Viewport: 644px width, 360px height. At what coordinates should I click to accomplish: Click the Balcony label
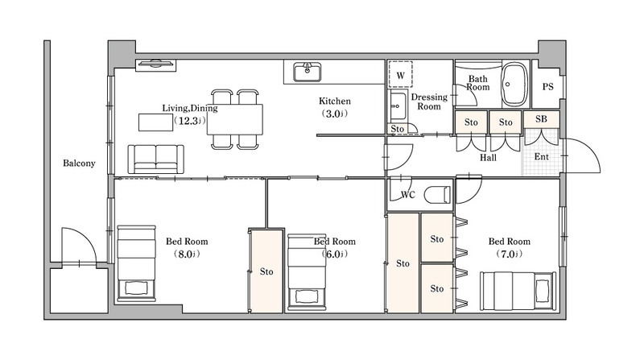click(79, 163)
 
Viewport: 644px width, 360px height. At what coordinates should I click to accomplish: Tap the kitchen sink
click(307, 72)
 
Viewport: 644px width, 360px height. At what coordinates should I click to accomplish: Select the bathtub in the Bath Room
click(515, 85)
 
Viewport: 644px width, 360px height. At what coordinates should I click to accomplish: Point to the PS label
click(547, 87)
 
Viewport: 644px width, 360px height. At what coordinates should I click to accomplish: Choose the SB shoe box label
click(541, 118)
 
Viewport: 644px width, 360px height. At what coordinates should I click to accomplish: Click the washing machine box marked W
click(400, 74)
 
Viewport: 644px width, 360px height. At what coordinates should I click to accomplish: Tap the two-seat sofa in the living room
click(155, 159)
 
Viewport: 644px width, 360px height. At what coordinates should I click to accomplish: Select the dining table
click(234, 119)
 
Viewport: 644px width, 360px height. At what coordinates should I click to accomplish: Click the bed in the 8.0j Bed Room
click(136, 263)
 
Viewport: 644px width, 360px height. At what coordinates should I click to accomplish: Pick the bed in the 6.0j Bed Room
click(307, 272)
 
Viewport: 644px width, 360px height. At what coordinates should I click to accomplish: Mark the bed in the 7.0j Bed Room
click(518, 291)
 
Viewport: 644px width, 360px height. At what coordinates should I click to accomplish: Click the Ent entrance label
click(541, 156)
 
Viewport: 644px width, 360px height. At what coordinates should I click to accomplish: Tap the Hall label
click(488, 157)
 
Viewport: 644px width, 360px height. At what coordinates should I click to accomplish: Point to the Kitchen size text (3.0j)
click(334, 114)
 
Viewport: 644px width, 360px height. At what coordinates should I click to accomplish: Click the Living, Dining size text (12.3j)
click(189, 121)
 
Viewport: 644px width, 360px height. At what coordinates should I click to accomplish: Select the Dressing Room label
click(429, 101)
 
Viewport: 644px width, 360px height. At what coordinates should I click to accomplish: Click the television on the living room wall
click(155, 65)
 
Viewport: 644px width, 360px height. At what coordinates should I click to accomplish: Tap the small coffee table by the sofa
click(155, 122)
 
